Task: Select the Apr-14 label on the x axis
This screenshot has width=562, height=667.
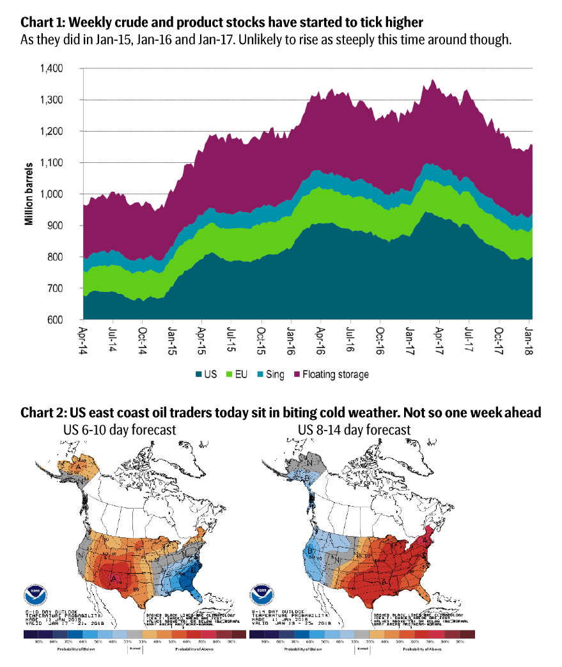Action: (83, 339)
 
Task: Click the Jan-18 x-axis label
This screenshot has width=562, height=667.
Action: (530, 339)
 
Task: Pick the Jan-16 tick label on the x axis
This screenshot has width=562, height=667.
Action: (292, 339)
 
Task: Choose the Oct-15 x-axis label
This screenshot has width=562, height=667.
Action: (261, 339)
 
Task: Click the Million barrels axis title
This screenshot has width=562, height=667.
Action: (29, 194)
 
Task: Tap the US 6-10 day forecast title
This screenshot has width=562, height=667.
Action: (119, 429)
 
